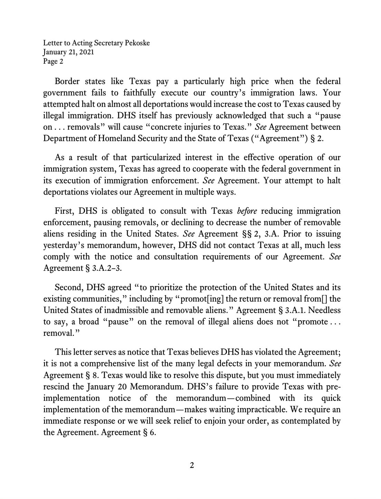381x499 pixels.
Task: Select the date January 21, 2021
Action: [x=68, y=52]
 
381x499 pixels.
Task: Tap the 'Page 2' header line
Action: [x=53, y=61]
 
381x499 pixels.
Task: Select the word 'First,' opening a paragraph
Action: [x=65, y=211]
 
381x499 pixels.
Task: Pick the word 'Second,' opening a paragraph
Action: [x=69, y=288]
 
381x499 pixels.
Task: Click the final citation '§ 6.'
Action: [x=149, y=432]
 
